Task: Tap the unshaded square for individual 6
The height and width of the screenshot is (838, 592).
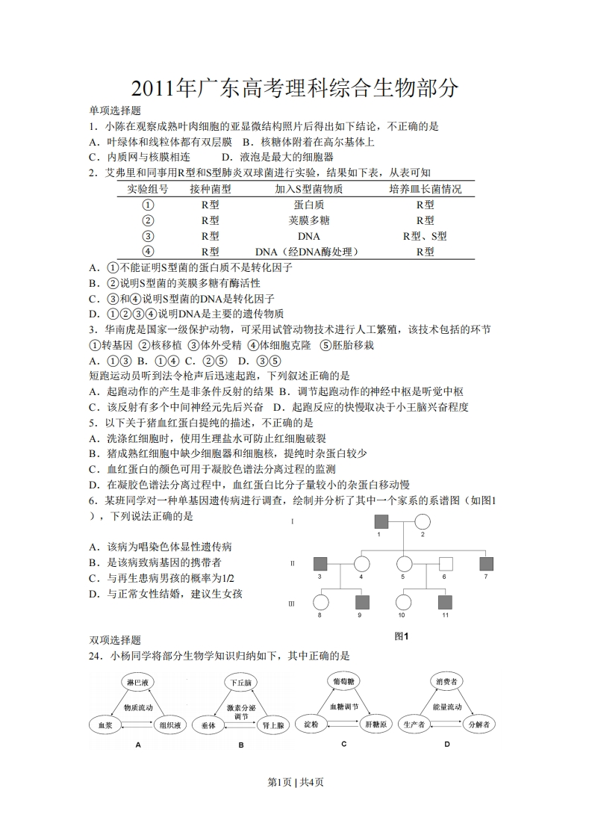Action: pos(446,565)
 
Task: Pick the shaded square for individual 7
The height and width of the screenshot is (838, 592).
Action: pos(486,565)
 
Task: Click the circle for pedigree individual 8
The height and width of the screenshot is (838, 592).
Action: pos(320,603)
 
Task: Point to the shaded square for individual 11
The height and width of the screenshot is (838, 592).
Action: pos(445,603)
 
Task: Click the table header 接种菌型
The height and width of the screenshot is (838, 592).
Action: pos(210,189)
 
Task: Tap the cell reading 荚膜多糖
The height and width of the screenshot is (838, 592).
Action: pos(308,220)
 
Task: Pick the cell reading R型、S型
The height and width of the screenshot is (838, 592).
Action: pos(425,236)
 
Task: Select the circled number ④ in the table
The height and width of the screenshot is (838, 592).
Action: pos(148,252)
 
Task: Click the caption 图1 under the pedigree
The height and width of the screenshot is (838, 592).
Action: pos(402,636)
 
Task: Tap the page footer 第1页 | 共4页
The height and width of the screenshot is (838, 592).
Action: pos(296,782)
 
